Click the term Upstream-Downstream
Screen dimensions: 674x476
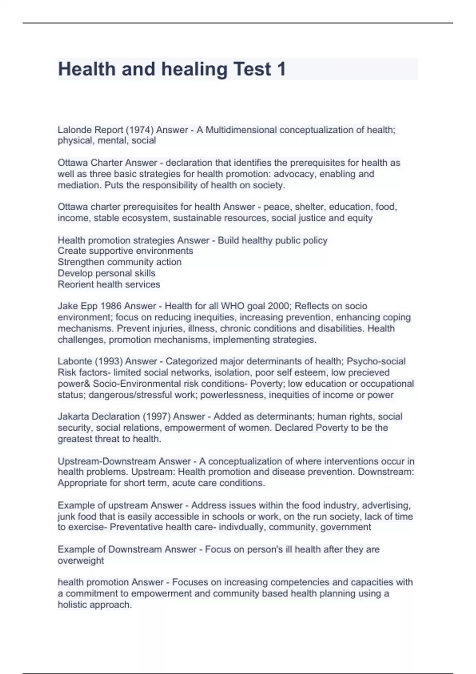(x=107, y=461)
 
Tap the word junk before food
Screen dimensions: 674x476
(x=66, y=517)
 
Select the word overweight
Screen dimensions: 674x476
(x=81, y=561)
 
